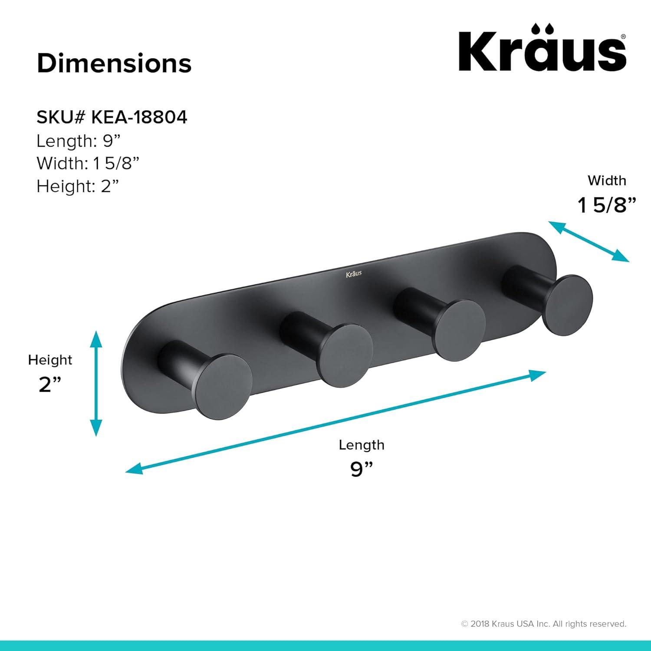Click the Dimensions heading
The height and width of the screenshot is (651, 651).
click(x=114, y=63)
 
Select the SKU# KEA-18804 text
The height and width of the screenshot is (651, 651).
click(x=112, y=117)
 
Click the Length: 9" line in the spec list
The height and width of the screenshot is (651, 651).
click(x=78, y=141)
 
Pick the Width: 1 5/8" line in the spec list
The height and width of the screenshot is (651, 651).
click(x=88, y=164)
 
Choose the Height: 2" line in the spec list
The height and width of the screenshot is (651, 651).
click(x=78, y=186)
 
